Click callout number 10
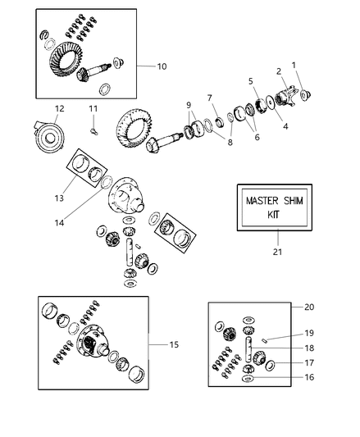[161, 65]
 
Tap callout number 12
[59, 108]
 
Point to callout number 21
[276, 252]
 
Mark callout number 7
[210, 98]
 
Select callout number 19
[308, 333]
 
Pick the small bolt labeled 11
[93, 124]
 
